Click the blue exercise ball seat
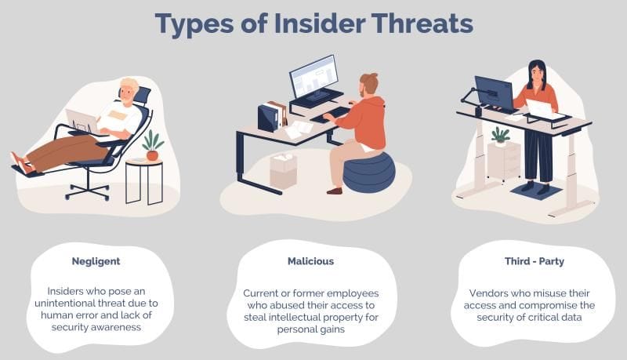tap(369, 173)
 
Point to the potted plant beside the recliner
tap(152, 146)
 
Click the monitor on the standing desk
tap(493, 93)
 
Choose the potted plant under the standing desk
tap(499, 136)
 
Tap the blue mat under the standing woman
tap(537, 191)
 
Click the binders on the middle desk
tap(274, 115)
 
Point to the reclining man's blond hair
tap(129, 84)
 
